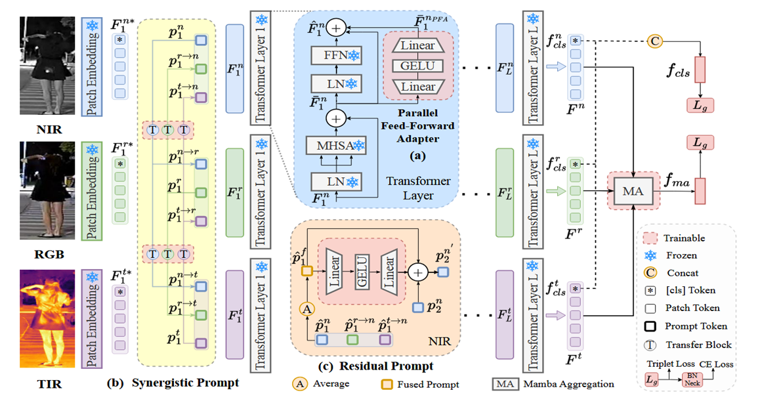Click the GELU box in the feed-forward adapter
point(417,66)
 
